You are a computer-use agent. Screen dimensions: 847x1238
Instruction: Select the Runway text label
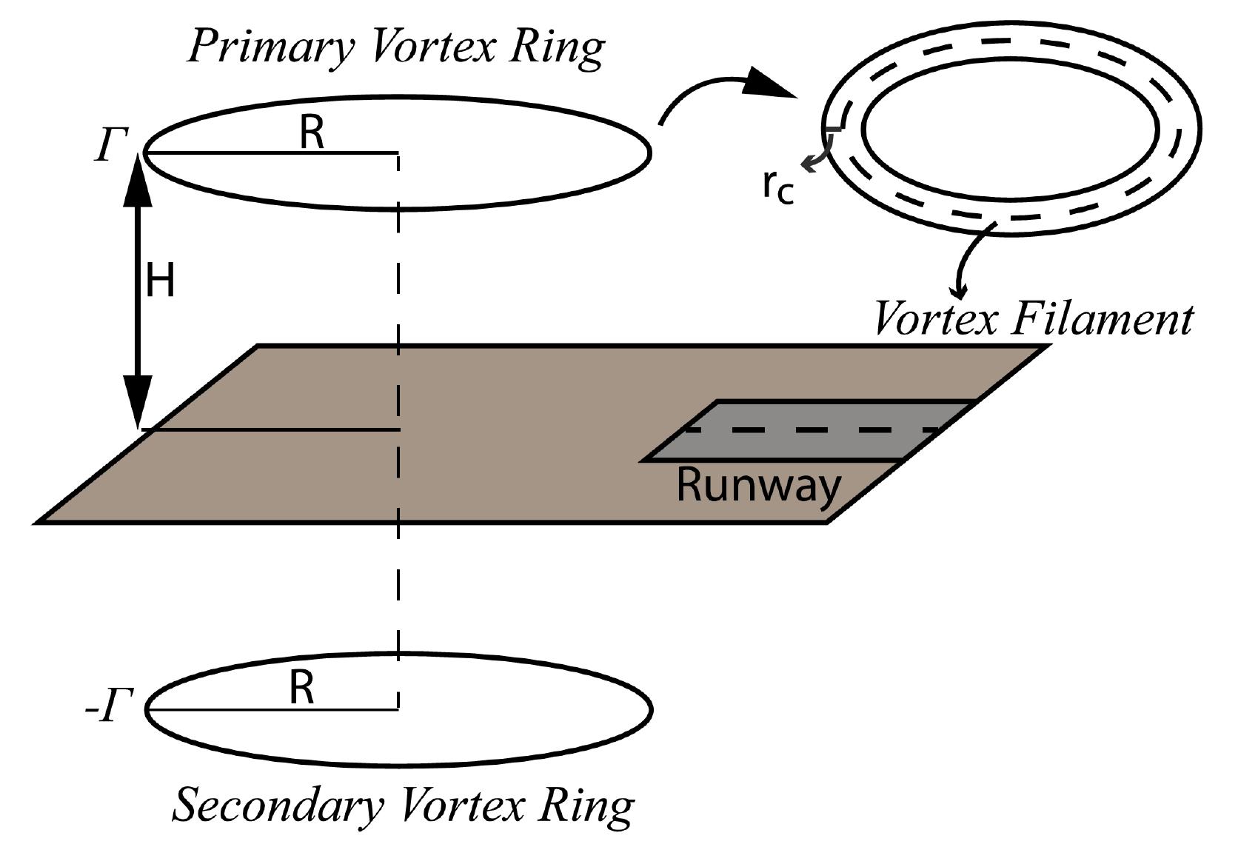pos(759,486)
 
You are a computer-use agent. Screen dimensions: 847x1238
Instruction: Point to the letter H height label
pos(160,282)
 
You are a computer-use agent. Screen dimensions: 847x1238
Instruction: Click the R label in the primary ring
pos(312,134)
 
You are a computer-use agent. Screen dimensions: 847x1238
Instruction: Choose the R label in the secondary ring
pos(301,688)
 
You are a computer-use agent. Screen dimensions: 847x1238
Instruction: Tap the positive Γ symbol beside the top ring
pos(111,144)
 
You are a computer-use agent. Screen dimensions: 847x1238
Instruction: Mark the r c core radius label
pos(778,186)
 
